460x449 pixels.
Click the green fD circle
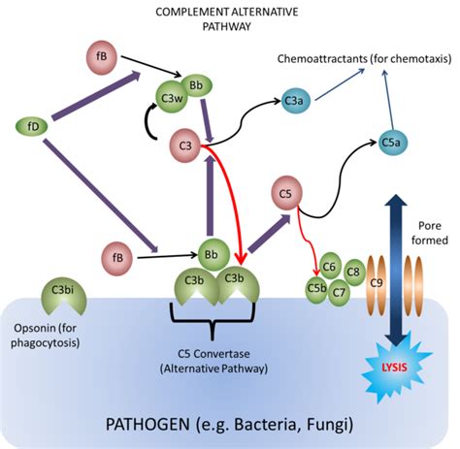(x=33, y=125)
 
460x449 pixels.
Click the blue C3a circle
(x=295, y=99)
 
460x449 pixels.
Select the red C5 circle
(x=286, y=194)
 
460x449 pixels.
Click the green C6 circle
(x=330, y=268)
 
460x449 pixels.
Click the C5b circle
(x=316, y=289)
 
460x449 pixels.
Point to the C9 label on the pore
(x=378, y=282)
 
